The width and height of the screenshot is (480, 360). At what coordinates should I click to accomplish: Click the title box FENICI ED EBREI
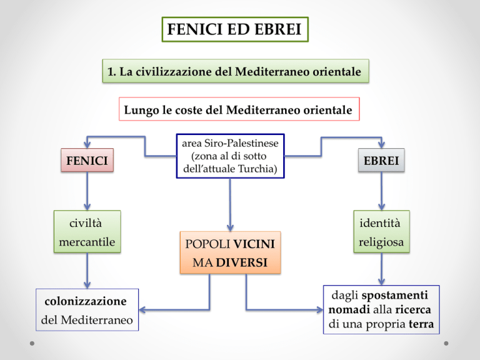(235, 29)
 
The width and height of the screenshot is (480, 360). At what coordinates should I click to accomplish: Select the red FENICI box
(87, 160)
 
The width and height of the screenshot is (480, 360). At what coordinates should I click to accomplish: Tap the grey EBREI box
(381, 160)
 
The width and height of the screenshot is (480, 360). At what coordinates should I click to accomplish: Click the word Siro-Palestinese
(241, 143)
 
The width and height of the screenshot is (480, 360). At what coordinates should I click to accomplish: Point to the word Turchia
(257, 169)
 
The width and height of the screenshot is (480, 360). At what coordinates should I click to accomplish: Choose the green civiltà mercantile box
(87, 231)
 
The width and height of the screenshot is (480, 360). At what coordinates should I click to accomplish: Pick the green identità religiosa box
(381, 231)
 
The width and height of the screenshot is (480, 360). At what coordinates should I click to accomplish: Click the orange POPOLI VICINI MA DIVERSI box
(230, 252)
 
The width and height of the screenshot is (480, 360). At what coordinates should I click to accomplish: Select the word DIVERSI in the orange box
(242, 262)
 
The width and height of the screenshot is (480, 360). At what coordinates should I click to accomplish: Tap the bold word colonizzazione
(86, 301)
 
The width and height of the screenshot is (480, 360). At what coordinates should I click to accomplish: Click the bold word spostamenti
(395, 295)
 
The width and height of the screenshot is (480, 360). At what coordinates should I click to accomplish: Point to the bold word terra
(421, 324)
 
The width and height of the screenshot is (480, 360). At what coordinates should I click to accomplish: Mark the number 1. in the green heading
(112, 72)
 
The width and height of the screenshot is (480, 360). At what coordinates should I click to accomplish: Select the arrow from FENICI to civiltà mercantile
(87, 191)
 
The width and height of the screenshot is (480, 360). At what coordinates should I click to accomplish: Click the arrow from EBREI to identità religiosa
(381, 191)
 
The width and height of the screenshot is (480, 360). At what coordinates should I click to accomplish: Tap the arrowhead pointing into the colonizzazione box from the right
(142, 310)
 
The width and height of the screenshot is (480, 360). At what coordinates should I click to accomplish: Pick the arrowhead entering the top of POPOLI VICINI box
(230, 228)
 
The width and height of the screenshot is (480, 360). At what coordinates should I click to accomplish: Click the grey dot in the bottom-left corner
(32, 344)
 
